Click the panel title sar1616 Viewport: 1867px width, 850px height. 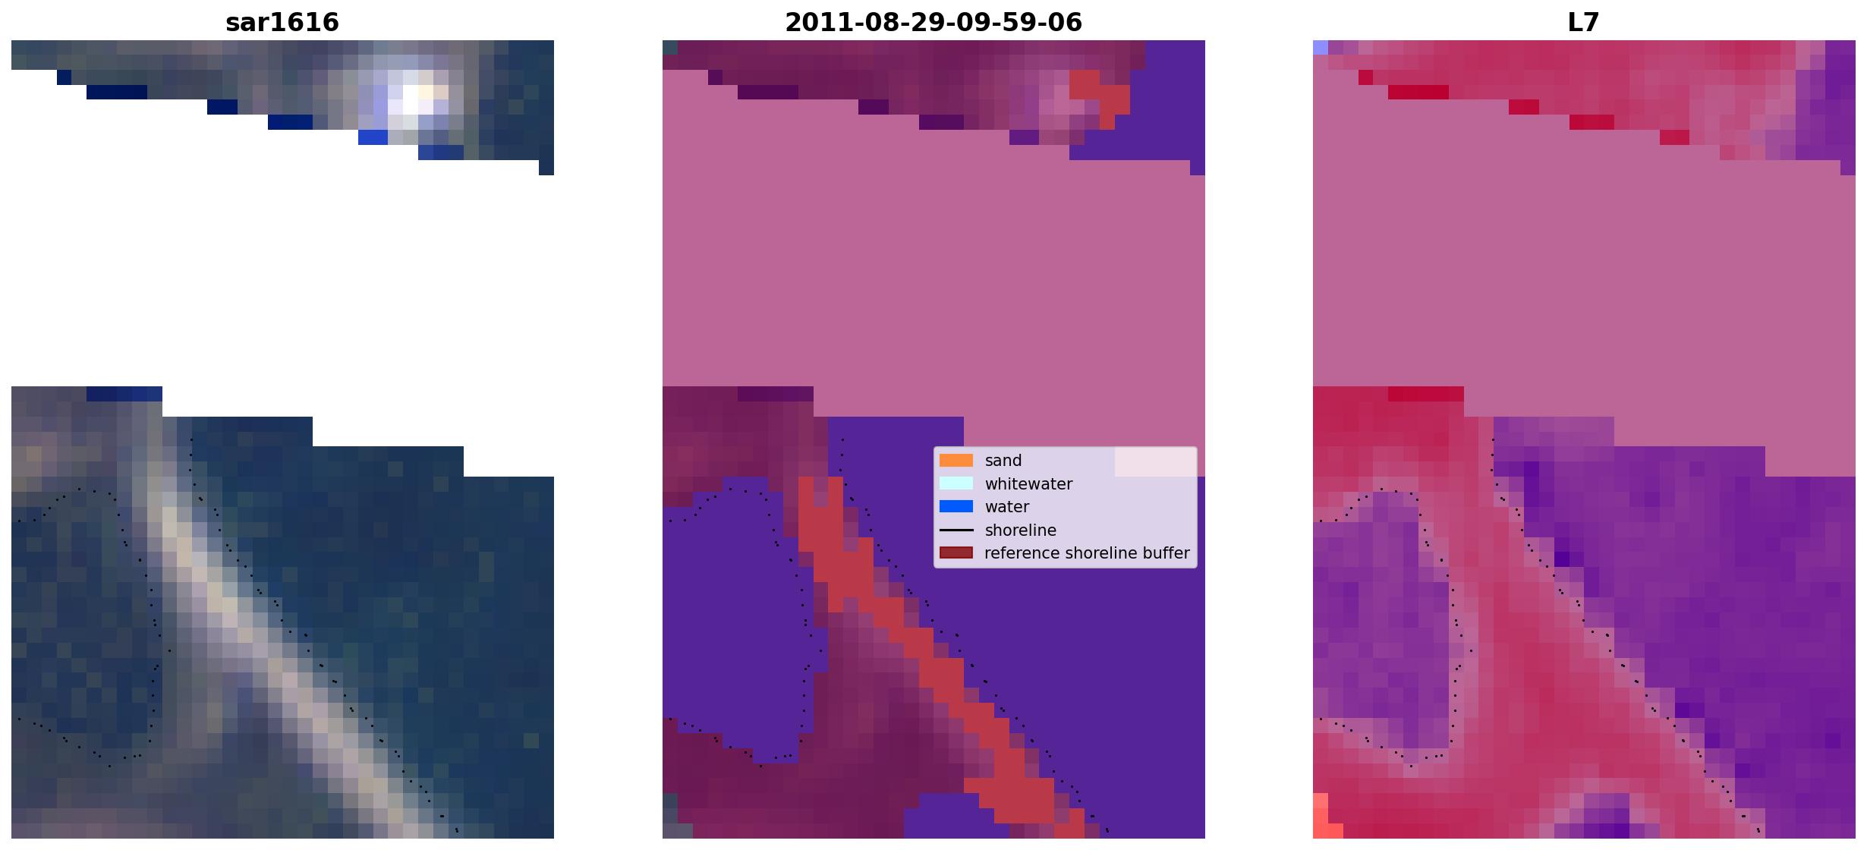click(x=282, y=23)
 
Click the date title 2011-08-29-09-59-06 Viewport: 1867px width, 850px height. click(x=933, y=23)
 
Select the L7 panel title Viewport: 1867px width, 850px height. click(x=1584, y=23)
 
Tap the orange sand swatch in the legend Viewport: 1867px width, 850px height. click(x=956, y=461)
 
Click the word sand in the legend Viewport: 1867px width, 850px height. click(x=1003, y=461)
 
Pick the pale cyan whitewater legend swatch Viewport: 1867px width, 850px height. click(x=956, y=483)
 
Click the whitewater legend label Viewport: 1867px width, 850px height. click(x=1028, y=484)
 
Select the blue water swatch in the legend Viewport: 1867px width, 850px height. click(x=956, y=507)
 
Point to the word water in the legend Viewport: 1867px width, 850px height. click(x=1007, y=507)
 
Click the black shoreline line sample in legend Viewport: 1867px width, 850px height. click(x=956, y=530)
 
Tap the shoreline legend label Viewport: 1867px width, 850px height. click(x=1021, y=530)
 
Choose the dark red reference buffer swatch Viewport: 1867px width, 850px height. click(x=956, y=553)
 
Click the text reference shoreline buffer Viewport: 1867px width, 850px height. click(x=1087, y=553)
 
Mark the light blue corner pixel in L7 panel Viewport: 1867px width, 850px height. click(x=1321, y=47)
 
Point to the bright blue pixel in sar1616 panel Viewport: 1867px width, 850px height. click(x=373, y=137)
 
